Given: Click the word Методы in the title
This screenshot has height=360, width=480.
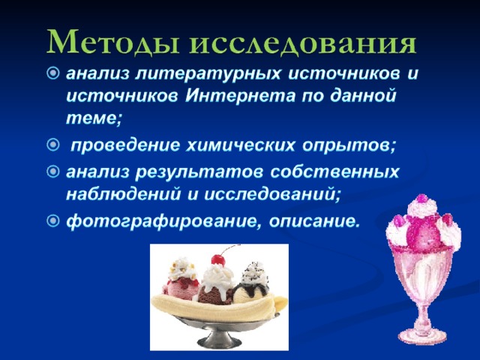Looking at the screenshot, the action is (x=113, y=42).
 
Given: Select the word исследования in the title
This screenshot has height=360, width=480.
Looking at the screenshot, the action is (x=303, y=43).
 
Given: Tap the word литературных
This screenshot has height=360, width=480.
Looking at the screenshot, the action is (x=208, y=75).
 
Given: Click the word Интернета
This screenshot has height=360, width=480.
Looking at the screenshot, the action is (x=240, y=95).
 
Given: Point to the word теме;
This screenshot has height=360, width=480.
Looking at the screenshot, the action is (x=94, y=118).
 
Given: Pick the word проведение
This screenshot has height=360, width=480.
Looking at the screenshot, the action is (x=125, y=145).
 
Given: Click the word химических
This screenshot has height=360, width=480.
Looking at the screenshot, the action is (x=241, y=145).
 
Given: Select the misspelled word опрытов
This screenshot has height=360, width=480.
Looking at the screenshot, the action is (x=349, y=145).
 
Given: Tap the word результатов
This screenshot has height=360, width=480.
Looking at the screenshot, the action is (x=199, y=172).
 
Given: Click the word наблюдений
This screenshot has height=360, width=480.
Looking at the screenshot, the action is (x=123, y=194).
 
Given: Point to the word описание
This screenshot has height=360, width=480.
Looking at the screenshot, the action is (x=314, y=220).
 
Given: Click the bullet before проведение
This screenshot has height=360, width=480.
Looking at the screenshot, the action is (x=53, y=145).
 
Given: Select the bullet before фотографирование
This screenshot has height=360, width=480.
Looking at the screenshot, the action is (x=53, y=220).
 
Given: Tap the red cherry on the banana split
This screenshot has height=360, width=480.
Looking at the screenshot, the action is (x=218, y=260).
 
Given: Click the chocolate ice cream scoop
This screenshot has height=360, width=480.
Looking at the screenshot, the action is (x=213, y=295).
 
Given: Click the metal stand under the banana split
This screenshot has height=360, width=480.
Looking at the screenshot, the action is (x=218, y=331).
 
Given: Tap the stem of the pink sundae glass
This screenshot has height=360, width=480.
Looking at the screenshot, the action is (x=423, y=315).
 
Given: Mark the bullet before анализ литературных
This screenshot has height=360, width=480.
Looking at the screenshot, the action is (x=53, y=73).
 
